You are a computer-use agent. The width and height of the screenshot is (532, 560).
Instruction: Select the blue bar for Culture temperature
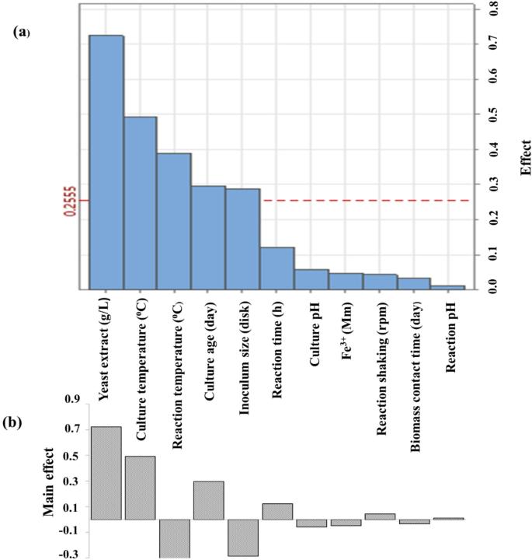pos(140,203)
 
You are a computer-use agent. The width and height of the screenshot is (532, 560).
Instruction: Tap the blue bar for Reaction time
pos(276,268)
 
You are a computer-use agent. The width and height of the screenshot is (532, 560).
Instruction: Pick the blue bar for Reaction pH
pos(447,288)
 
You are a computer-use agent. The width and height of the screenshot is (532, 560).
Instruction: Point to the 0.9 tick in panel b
pos(71,399)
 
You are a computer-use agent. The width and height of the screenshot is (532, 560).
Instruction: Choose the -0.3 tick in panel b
pos(71,554)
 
